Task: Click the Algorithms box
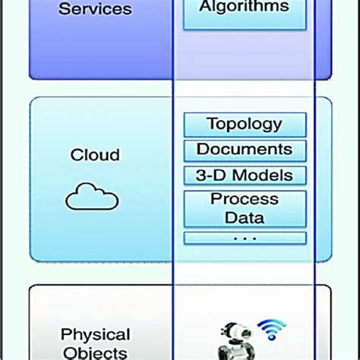tap(245, 10)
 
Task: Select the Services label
tap(95, 10)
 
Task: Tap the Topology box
tap(245, 124)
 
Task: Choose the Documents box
tap(245, 150)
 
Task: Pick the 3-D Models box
tap(245, 175)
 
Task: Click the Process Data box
tap(245, 209)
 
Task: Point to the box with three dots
tap(245, 238)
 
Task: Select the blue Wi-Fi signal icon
tap(271, 329)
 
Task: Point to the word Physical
tap(95, 334)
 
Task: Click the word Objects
tap(95, 352)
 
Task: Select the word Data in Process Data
tap(245, 219)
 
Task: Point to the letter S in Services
tap(65, 10)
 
